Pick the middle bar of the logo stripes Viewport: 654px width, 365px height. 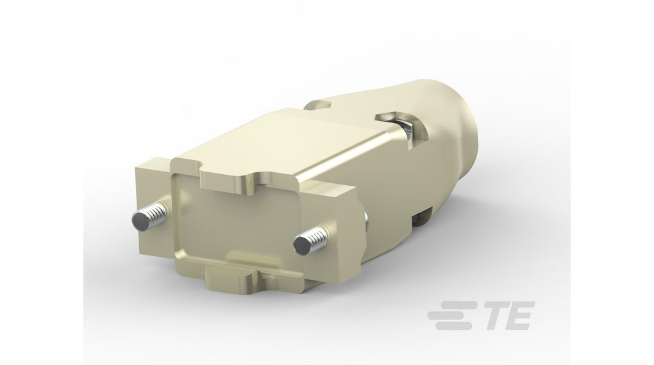point(452,316)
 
